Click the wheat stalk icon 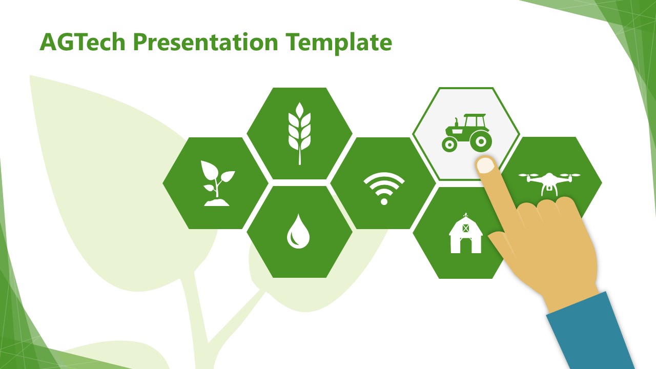coord(299,133)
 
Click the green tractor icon coord(466,133)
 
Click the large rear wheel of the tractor coord(481,140)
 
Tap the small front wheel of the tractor coord(449,145)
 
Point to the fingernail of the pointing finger coord(485,165)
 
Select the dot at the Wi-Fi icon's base coord(384,201)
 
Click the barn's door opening coord(465,245)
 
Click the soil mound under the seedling coord(217,203)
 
